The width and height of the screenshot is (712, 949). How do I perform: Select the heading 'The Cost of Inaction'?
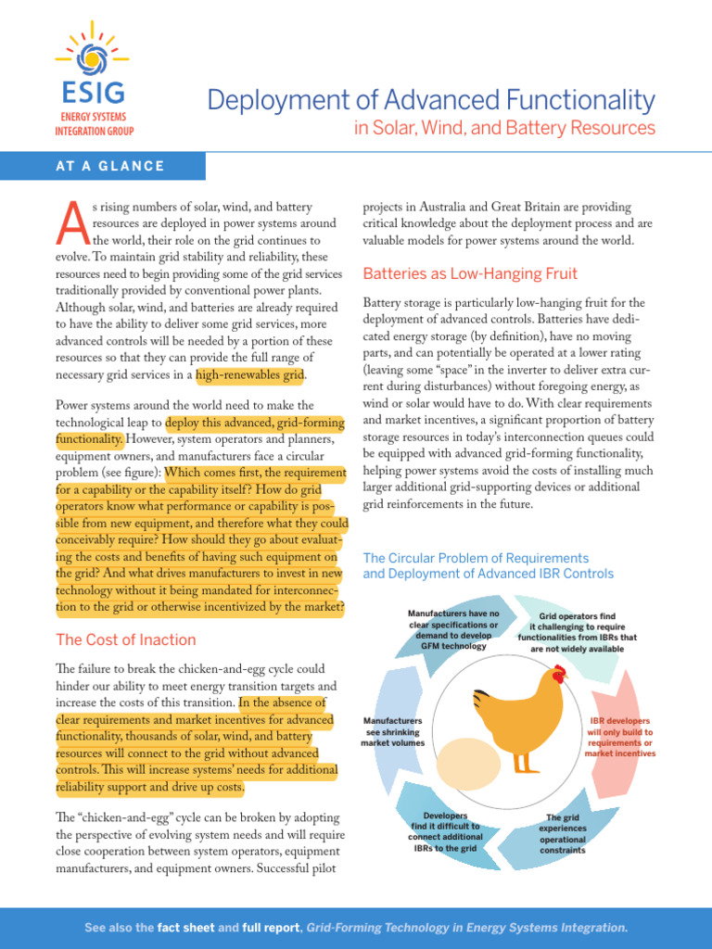tap(126, 639)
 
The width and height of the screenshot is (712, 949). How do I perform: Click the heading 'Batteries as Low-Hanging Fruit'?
tap(470, 273)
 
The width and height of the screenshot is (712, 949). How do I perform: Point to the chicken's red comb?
tap(558, 674)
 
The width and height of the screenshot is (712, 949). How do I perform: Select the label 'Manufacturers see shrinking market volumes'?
tap(393, 731)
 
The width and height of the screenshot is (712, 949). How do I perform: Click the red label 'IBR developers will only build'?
tap(620, 737)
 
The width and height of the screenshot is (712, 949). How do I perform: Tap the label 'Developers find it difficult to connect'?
tap(444, 832)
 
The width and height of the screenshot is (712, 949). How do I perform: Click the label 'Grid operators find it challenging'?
tap(590, 631)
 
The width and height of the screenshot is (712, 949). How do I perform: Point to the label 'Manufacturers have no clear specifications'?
tap(453, 629)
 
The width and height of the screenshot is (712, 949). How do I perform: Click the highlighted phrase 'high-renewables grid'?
tap(249, 375)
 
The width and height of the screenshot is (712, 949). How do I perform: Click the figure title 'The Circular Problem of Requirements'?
tap(476, 558)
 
